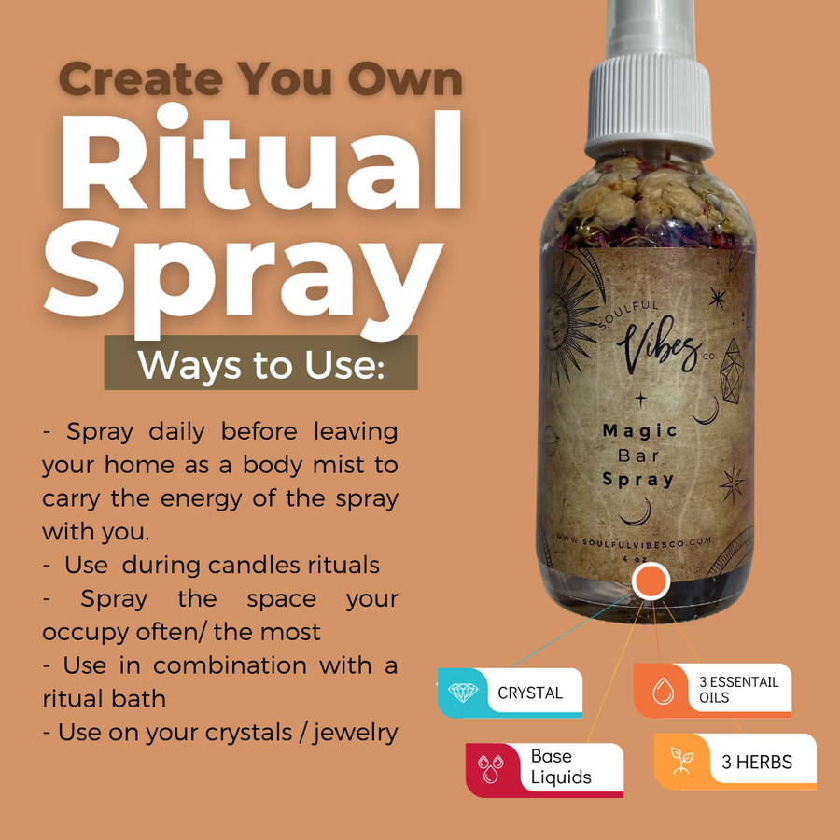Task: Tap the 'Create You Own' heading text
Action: pos(261,80)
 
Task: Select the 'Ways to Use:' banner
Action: pos(260,364)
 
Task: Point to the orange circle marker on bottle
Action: pos(651,581)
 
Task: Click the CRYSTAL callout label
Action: pos(530,693)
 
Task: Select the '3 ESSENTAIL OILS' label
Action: pos(737,690)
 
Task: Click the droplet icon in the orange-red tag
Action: pos(663,691)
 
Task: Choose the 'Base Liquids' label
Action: pos(561,767)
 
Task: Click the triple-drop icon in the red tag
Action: pos(490,769)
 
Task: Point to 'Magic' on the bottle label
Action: pos(639,431)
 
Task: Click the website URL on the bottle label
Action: pos(647,540)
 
